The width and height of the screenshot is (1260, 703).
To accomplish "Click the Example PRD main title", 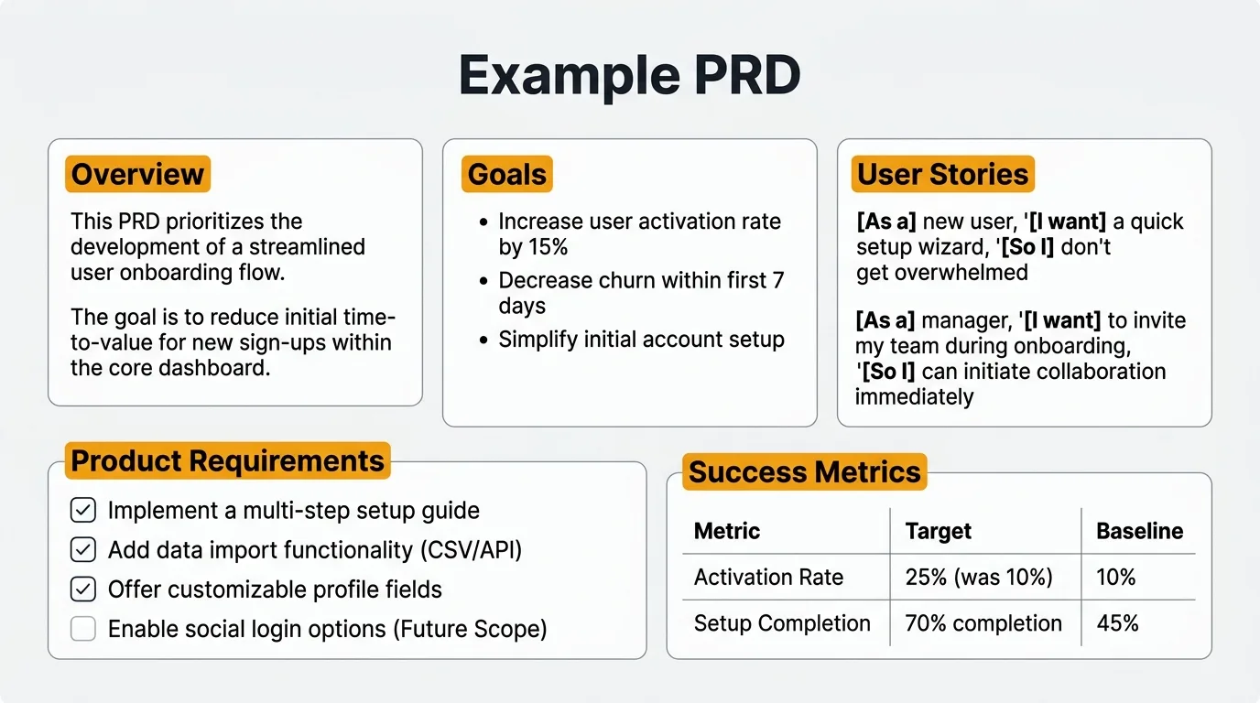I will [x=629, y=76].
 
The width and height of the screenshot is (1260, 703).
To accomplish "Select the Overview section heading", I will [x=137, y=174].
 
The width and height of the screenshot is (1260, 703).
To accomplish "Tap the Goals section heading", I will [x=506, y=174].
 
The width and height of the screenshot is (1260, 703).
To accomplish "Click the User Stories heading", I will [x=942, y=174].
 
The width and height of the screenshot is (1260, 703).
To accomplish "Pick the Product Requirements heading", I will [x=227, y=460].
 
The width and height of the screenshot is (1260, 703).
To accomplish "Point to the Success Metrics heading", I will [x=804, y=471].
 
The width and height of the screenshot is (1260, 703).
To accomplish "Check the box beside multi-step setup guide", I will [x=83, y=510].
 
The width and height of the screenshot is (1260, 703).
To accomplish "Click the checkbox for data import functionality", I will [x=83, y=549].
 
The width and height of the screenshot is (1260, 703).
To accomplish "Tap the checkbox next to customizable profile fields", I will [x=83, y=589].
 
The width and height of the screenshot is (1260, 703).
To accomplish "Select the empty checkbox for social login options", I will [x=83, y=629].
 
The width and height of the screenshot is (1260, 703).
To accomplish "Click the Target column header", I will [x=938, y=531].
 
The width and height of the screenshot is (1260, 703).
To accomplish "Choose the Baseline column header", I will [x=1139, y=531].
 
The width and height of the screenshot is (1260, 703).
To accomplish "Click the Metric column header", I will [x=727, y=531].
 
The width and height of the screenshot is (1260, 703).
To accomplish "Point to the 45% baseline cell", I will [x=1117, y=623].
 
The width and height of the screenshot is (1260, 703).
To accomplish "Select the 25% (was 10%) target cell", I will [x=978, y=578].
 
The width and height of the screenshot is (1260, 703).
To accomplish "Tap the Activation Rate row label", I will [x=768, y=578].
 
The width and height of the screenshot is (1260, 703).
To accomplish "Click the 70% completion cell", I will [x=983, y=623].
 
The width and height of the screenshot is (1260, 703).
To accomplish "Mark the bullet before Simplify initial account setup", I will [x=483, y=341].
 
